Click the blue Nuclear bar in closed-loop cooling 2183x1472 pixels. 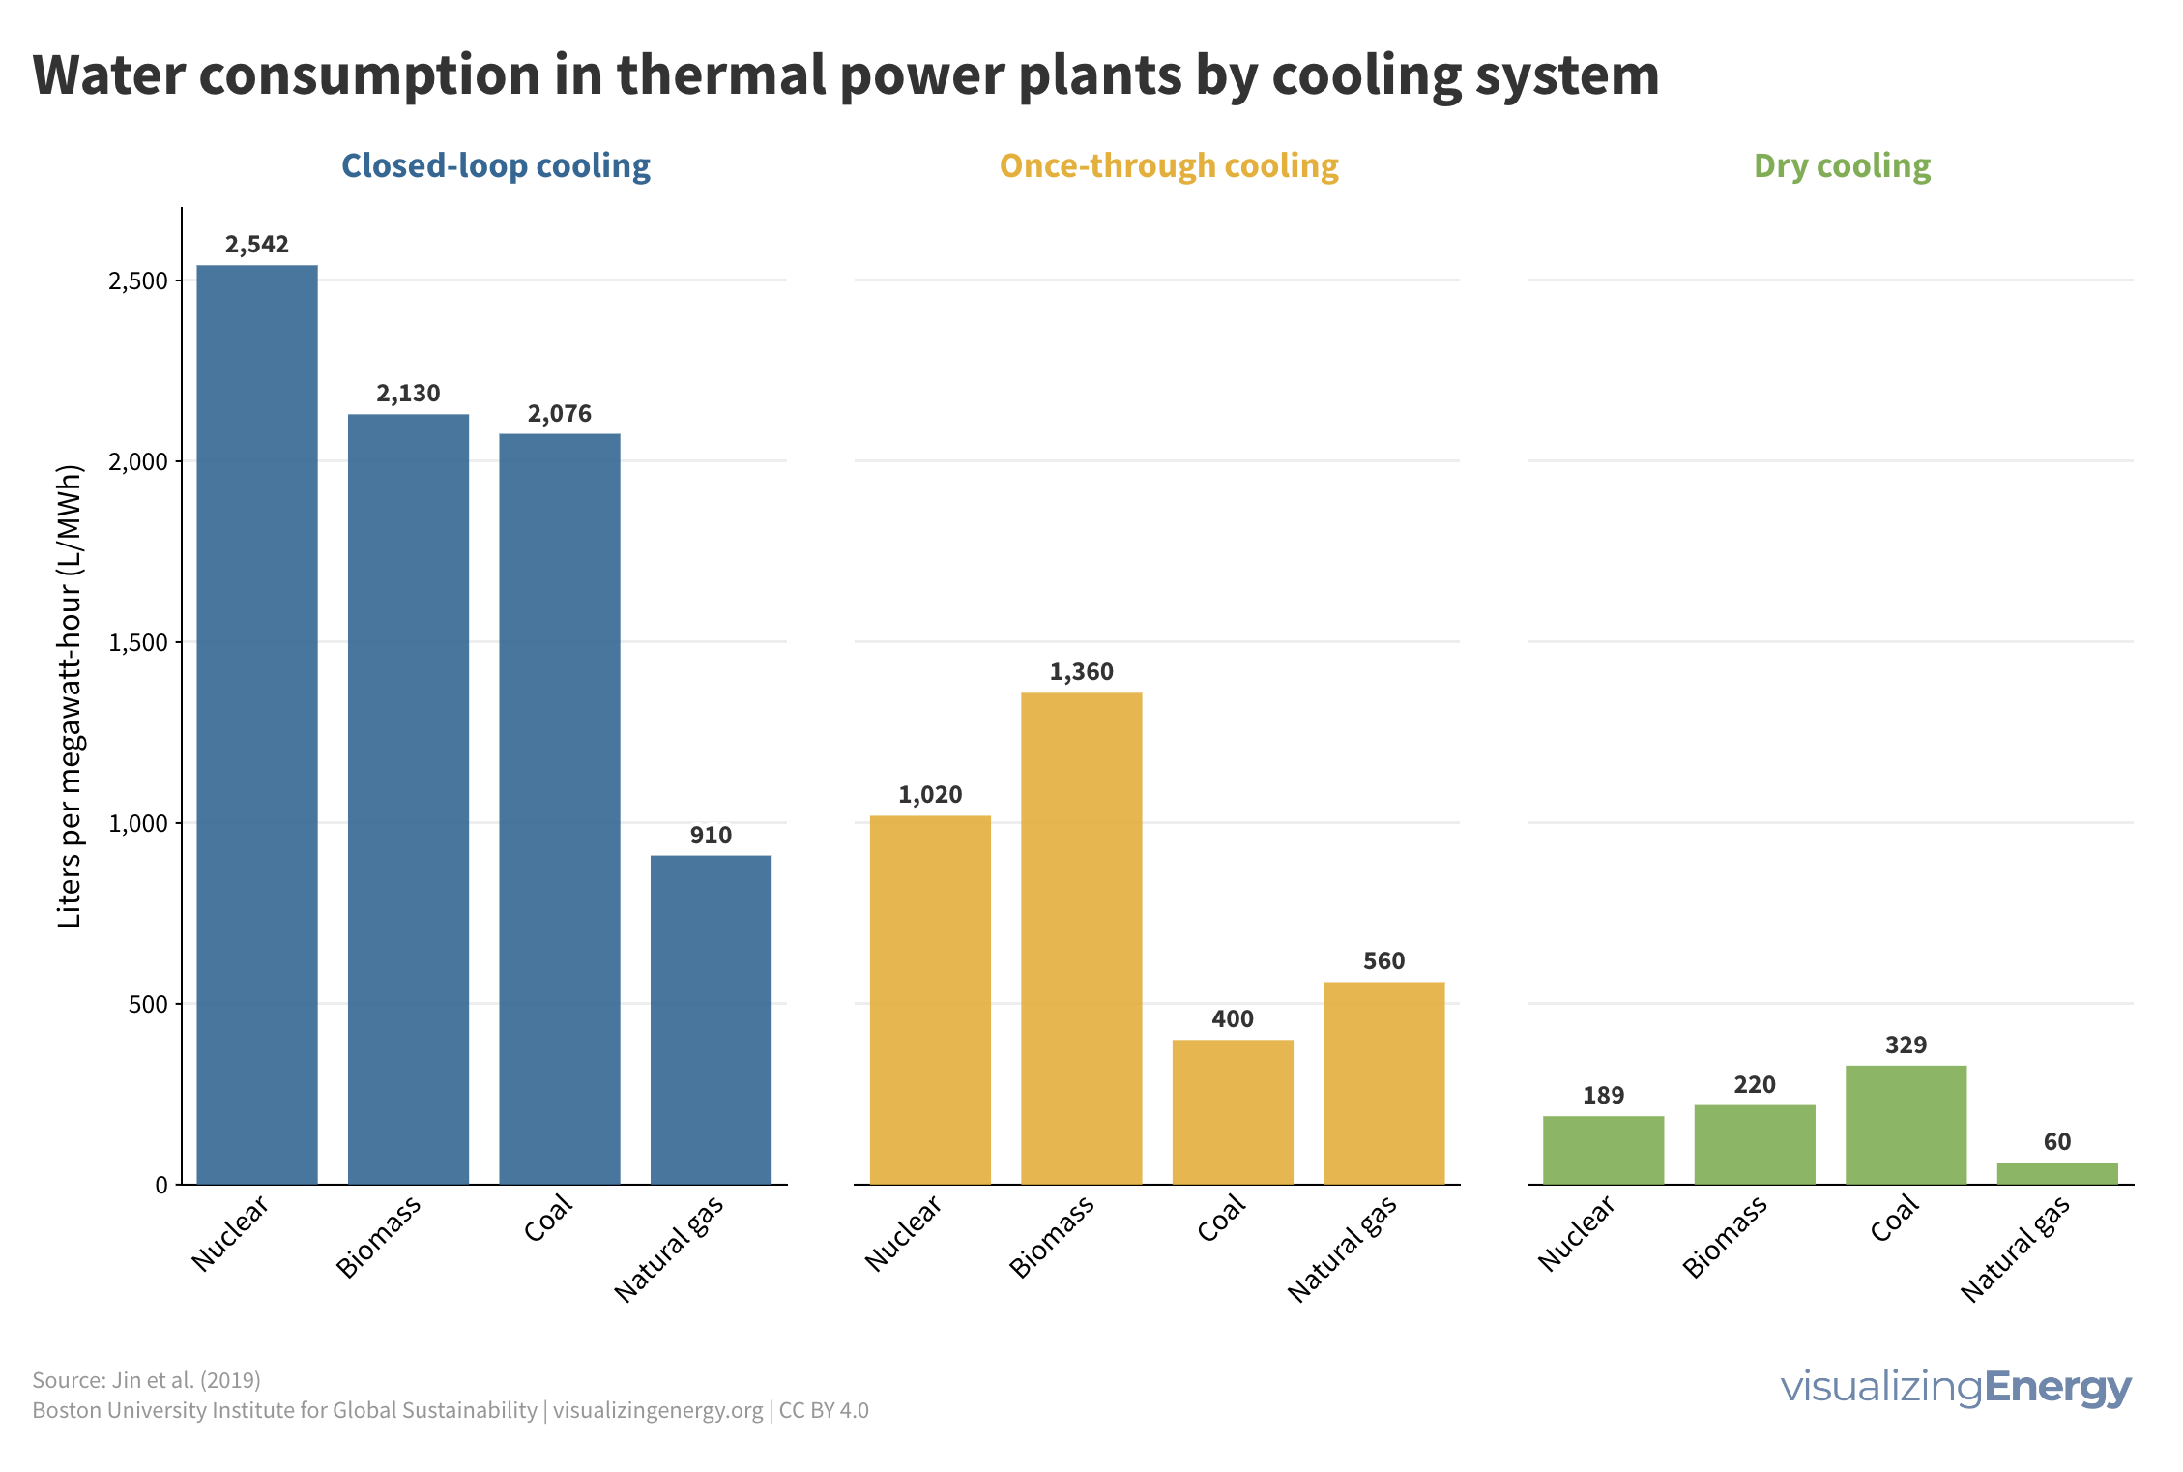pos(257,725)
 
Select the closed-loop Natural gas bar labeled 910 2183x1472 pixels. pos(711,1020)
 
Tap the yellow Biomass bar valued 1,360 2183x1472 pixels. pos(1081,938)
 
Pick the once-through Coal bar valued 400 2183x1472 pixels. pos(1233,1112)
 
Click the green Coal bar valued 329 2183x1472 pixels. pos(1906,1125)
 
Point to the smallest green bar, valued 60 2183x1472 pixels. pos(2057,1173)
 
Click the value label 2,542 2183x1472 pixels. pos(257,245)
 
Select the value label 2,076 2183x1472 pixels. pos(560,414)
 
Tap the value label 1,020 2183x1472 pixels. pos(930,795)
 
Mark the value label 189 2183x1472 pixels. pos(1603,1096)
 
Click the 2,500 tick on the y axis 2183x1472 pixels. pos(138,281)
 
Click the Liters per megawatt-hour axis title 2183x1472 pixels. pos(70,696)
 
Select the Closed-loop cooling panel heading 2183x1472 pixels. pos(496,166)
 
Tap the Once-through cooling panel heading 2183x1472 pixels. pos(1169,166)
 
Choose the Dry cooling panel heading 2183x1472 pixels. pos(1842,166)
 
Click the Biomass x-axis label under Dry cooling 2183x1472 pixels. pos(1725,1238)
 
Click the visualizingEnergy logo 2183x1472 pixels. pos(1955,1387)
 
